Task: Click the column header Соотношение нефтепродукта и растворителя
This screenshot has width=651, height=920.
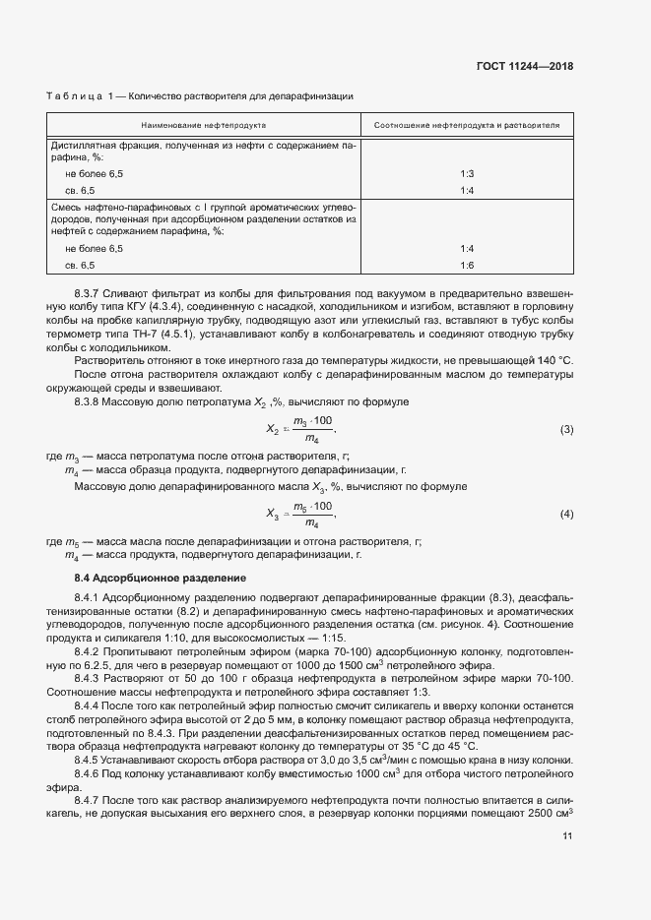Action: [x=467, y=127]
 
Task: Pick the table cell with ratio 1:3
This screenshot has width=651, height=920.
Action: [x=467, y=173]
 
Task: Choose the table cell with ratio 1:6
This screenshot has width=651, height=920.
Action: [x=467, y=266]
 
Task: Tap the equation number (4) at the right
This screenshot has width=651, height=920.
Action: [x=566, y=514]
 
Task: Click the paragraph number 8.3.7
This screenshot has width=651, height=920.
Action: [x=91, y=294]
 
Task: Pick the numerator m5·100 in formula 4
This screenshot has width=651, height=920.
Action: [x=313, y=505]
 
